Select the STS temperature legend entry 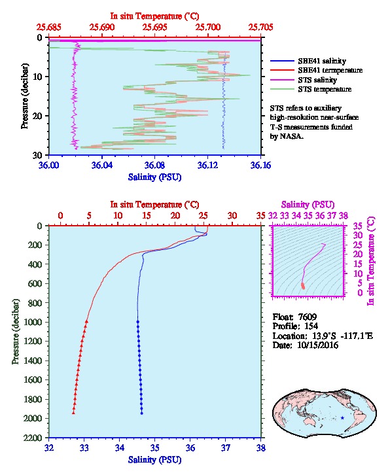coord(311,89)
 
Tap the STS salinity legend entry coord(304,80)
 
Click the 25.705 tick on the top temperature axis coord(261,27)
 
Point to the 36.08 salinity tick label coord(155,165)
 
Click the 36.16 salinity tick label coord(261,165)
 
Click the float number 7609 coord(308,317)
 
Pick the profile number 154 coord(311,326)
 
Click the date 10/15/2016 coord(318,345)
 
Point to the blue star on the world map coord(343,417)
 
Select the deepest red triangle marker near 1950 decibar coord(73,412)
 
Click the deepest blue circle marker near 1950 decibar coord(141,413)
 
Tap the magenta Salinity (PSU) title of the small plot coord(308,205)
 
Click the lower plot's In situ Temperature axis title coord(154,205)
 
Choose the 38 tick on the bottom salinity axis coord(261,448)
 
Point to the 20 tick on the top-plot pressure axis coord(37,116)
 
